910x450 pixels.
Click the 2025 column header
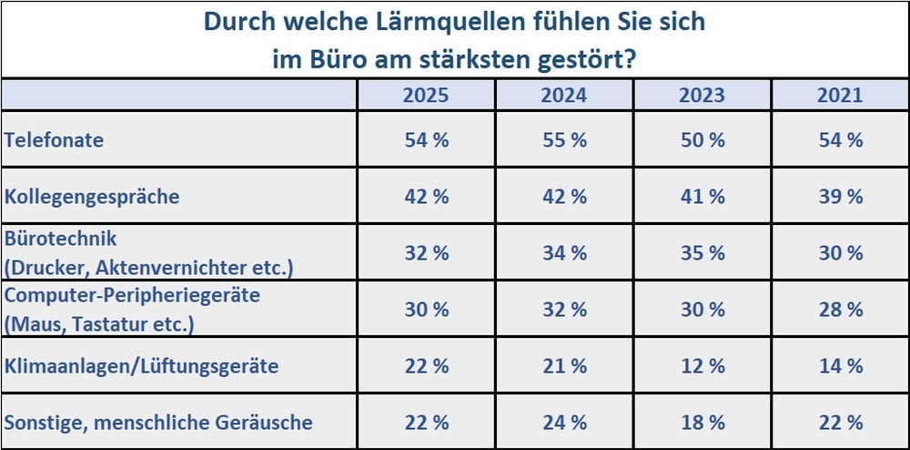(x=427, y=96)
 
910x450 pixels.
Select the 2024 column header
(x=565, y=96)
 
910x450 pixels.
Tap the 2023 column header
(x=703, y=96)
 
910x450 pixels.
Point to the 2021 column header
(x=841, y=96)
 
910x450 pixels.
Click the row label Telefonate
(x=54, y=140)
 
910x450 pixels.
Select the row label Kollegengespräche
(x=92, y=197)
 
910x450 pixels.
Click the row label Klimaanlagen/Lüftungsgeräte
(x=141, y=366)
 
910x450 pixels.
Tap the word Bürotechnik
(x=61, y=240)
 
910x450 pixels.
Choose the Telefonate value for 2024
(x=565, y=140)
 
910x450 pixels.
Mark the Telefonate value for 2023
(x=703, y=140)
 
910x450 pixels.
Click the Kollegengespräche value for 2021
(x=841, y=197)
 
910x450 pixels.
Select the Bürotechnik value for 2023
(x=703, y=253)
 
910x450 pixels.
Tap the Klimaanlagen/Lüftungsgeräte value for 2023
(x=703, y=366)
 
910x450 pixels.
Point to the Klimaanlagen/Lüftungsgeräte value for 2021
(x=841, y=366)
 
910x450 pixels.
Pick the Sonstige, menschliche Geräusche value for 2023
(x=703, y=423)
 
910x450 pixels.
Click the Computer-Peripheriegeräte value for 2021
(x=841, y=310)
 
